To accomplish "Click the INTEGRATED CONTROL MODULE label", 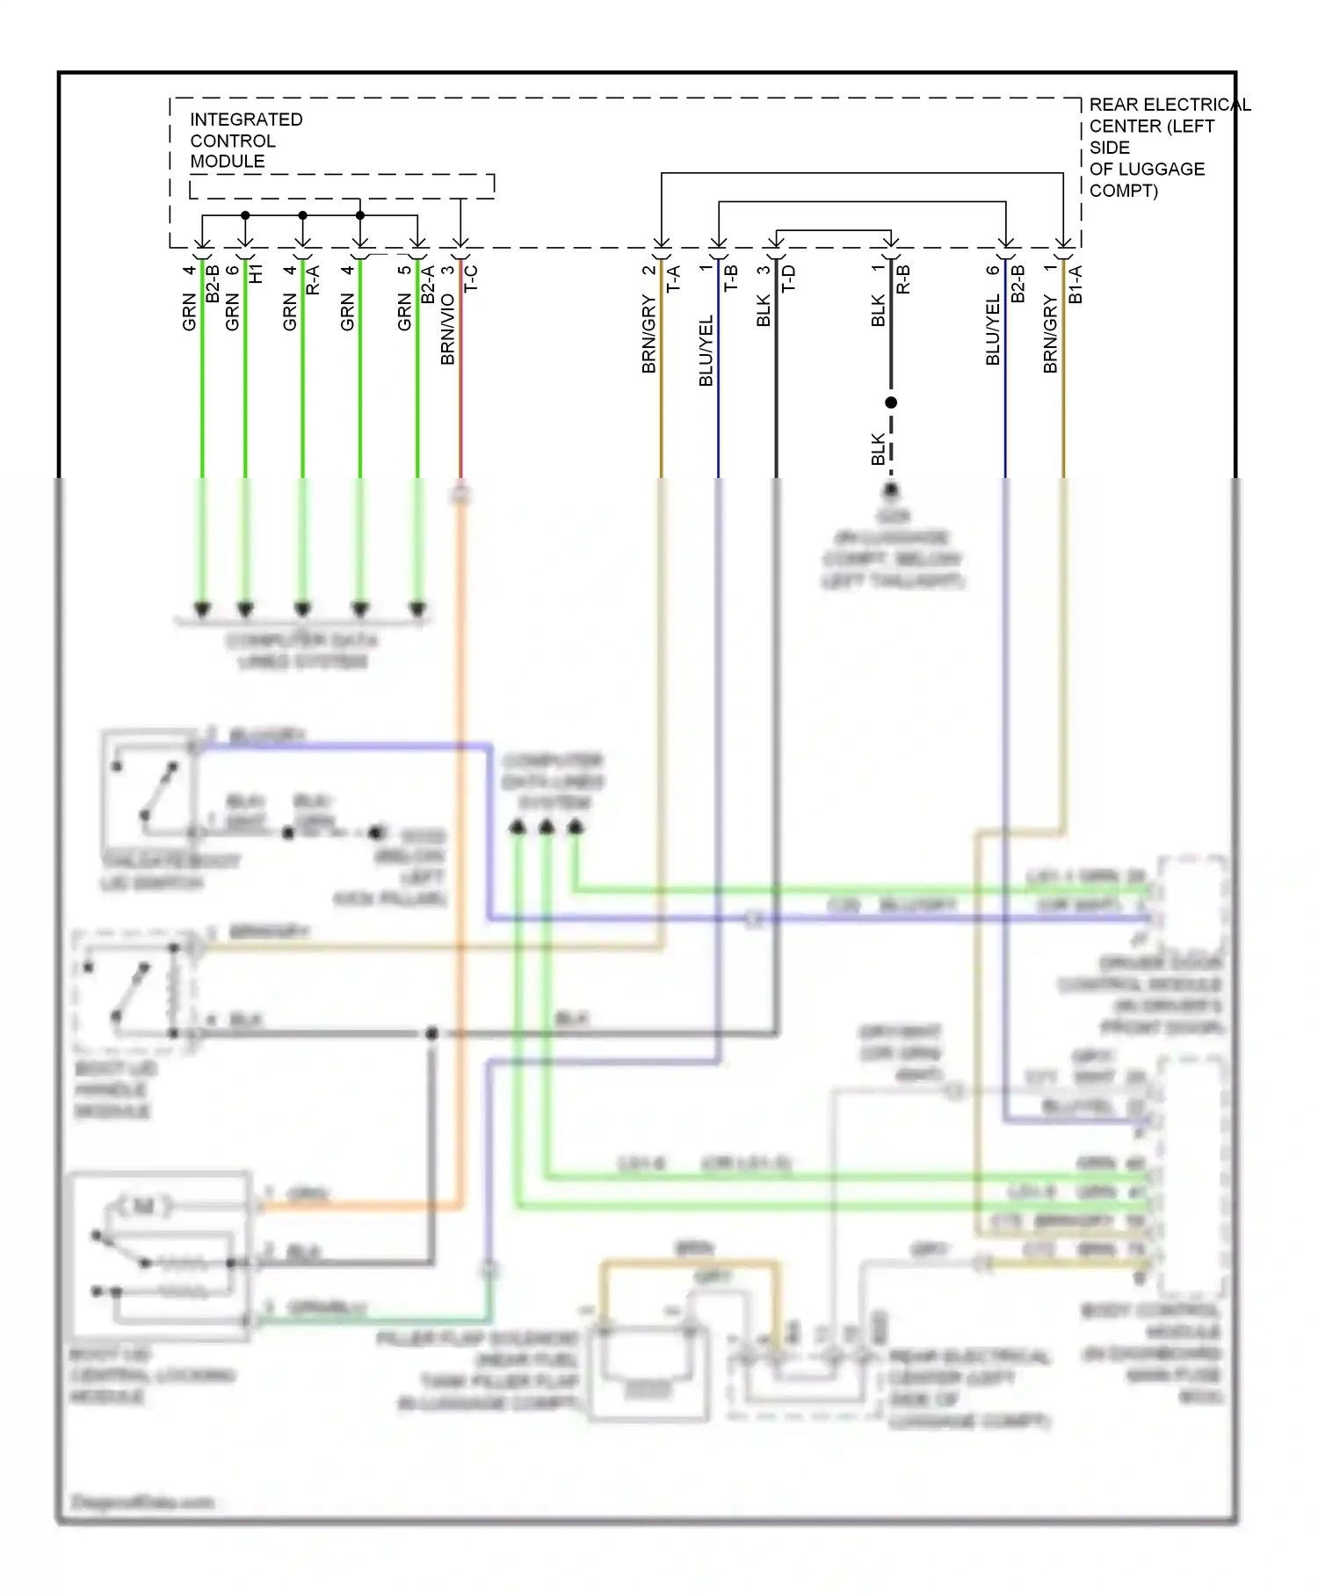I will click(x=245, y=141).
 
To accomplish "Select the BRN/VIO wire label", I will click(x=448, y=329).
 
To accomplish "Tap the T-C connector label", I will click(x=471, y=279).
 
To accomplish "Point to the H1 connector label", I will click(x=256, y=273).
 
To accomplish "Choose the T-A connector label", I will click(x=674, y=279).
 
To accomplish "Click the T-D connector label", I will click(x=788, y=279).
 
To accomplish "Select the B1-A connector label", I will click(x=1075, y=284).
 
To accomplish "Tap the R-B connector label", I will click(x=903, y=279).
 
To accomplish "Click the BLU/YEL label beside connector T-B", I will click(x=706, y=351).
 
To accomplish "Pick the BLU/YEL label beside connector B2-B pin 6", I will click(x=993, y=330).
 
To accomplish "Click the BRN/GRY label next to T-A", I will click(x=649, y=335).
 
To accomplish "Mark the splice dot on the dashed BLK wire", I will click(x=891, y=402).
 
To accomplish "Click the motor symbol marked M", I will click(x=142, y=1206).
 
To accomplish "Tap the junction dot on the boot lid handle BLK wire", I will click(x=431, y=1034).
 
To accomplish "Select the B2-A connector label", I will click(x=428, y=284).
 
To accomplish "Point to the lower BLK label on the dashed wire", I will click(x=878, y=449).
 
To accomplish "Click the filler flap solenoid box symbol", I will click(x=648, y=1371).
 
